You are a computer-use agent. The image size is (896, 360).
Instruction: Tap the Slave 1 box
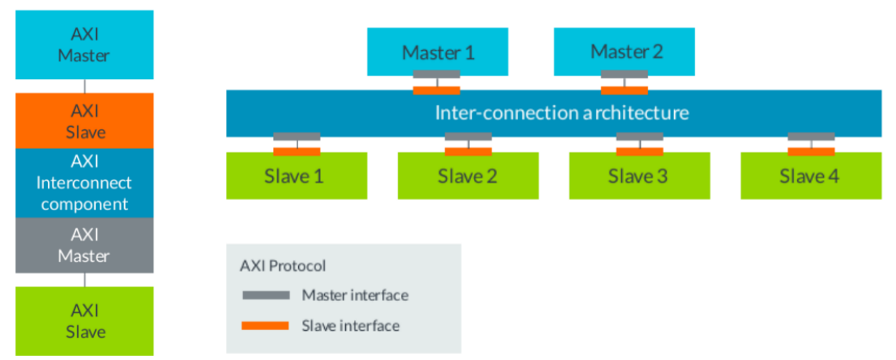tap(297, 176)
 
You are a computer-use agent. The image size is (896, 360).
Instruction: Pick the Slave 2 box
tap(468, 176)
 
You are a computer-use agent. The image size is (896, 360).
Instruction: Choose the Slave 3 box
tap(639, 176)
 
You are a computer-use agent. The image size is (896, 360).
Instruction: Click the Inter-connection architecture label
tap(562, 113)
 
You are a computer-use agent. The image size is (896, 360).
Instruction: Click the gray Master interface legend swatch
tap(264, 296)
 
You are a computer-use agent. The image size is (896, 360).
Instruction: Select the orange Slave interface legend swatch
tap(264, 325)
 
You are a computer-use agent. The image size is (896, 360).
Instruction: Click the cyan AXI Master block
tap(85, 45)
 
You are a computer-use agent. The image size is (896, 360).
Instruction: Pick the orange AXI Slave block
tap(85, 121)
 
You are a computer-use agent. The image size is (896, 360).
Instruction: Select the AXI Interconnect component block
tap(85, 183)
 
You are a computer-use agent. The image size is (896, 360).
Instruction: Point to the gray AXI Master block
tap(85, 245)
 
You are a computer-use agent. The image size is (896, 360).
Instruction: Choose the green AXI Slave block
tap(85, 321)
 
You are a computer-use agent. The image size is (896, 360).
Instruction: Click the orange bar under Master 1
tap(437, 89)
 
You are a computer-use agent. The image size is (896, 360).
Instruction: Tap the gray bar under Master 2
tap(625, 75)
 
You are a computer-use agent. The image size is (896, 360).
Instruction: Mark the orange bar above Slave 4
tap(811, 151)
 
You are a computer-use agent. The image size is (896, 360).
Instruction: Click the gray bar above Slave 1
tap(297, 136)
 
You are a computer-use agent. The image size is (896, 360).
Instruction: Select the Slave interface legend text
tap(351, 325)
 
